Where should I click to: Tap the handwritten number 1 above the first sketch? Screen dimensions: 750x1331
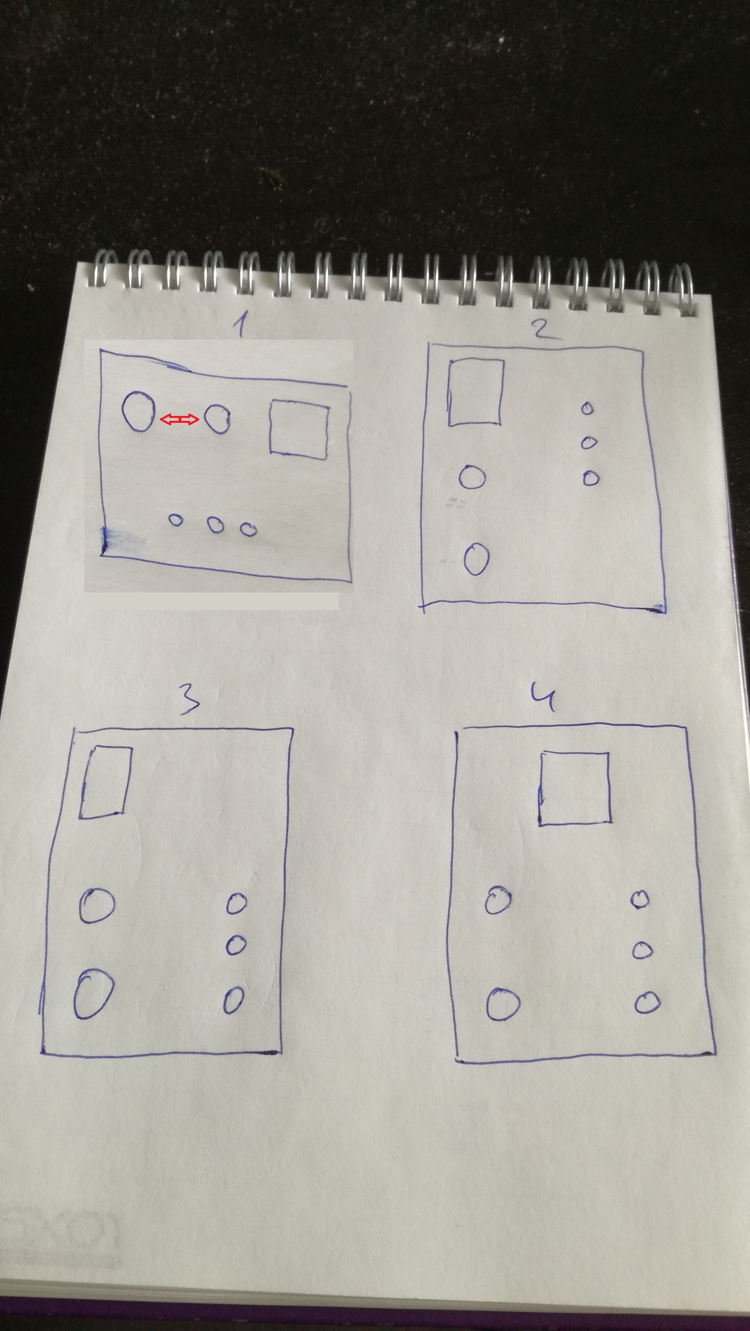click(x=241, y=325)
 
